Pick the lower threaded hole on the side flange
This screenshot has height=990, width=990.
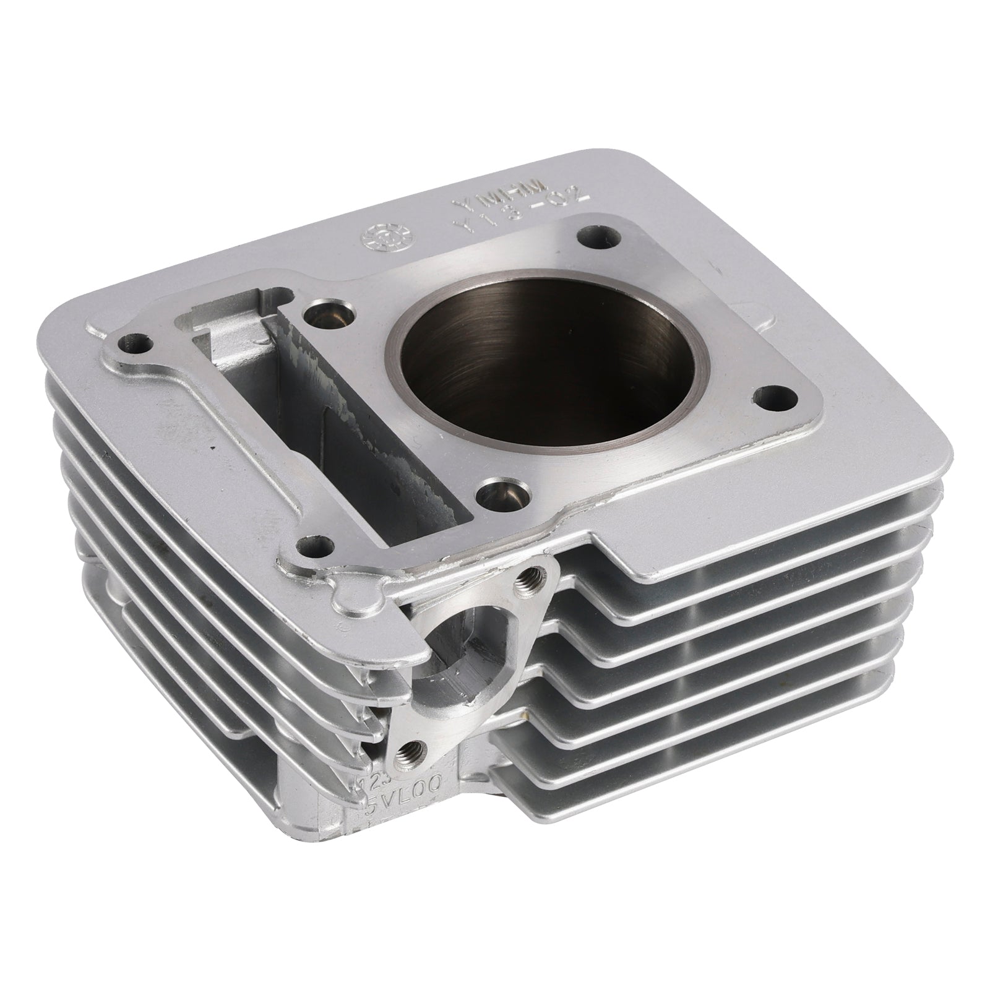(x=408, y=751)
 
